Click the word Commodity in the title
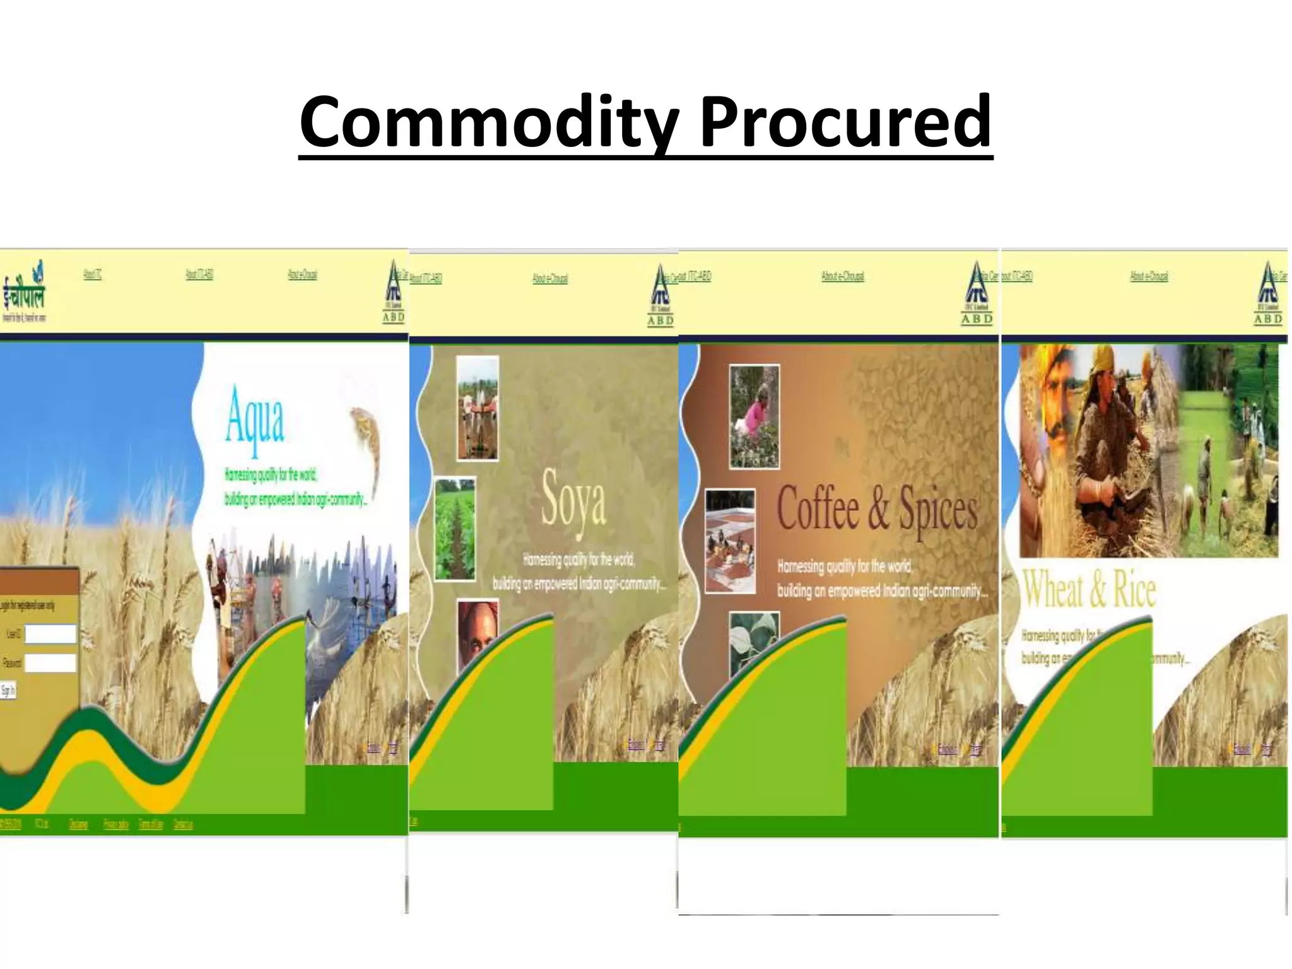(489, 121)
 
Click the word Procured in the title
(845, 121)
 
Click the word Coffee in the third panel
(818, 508)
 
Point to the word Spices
(938, 510)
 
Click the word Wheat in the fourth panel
(1052, 589)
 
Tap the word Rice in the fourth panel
(1134, 589)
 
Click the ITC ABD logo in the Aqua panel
(394, 292)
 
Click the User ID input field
(50, 634)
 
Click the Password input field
(50, 662)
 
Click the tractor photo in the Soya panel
(478, 408)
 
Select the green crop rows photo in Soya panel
(455, 529)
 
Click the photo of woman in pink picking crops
(754, 416)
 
